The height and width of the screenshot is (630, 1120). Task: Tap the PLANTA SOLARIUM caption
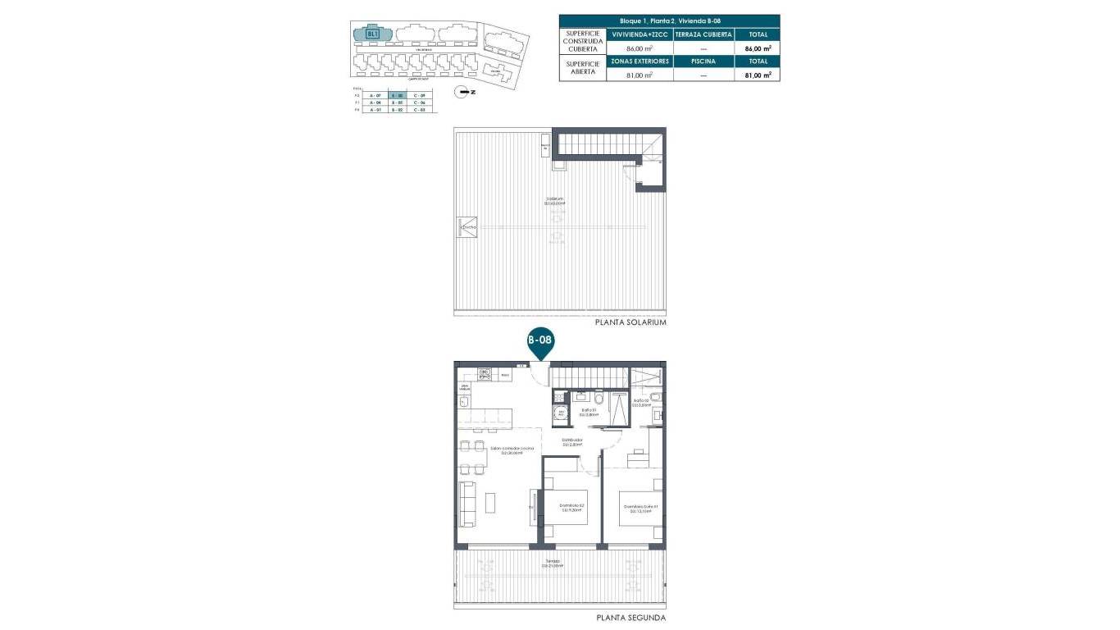click(631, 323)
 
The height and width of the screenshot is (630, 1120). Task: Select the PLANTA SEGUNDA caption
click(631, 618)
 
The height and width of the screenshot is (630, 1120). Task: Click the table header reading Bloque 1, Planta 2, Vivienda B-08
click(670, 21)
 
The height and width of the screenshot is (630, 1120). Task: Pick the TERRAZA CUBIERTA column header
click(703, 34)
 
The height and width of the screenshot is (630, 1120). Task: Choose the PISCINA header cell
click(703, 61)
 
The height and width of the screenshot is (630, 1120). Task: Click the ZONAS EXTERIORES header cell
click(640, 61)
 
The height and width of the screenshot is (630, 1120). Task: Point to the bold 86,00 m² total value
click(757, 48)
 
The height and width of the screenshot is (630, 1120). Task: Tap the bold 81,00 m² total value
click(757, 75)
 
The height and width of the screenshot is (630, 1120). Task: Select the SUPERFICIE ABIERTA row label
click(582, 67)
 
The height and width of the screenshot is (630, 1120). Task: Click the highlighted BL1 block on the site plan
click(373, 34)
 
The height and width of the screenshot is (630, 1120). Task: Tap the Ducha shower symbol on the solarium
click(464, 226)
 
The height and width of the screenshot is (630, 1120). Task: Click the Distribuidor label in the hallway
click(571, 442)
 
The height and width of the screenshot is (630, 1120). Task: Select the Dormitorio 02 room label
click(571, 507)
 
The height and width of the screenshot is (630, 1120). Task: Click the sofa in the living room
click(467, 504)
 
